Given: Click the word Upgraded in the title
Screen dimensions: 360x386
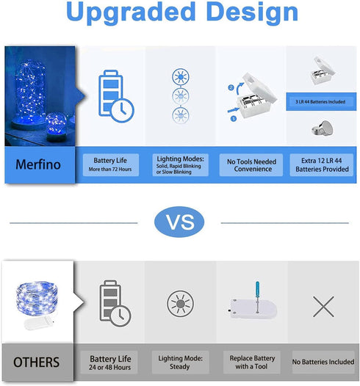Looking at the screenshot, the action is (x=131, y=12).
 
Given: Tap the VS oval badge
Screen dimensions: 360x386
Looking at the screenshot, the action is (x=179, y=222).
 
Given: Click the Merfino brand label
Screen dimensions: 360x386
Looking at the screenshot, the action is (x=38, y=164).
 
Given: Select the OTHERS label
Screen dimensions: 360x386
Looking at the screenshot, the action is (x=37, y=362).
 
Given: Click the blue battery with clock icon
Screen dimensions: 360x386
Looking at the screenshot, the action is (x=116, y=97).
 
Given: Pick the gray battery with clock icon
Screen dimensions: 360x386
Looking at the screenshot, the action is (x=115, y=303).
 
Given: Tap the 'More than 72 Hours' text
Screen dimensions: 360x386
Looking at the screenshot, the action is (x=110, y=170).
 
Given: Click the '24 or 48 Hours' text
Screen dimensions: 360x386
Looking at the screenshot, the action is (x=110, y=368).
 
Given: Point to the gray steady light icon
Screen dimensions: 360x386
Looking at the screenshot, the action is (x=181, y=304).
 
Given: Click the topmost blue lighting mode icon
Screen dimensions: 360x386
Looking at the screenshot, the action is (x=181, y=77).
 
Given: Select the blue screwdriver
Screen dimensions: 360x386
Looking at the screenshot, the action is (x=257, y=297).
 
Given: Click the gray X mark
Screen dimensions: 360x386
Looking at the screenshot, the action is (x=323, y=307).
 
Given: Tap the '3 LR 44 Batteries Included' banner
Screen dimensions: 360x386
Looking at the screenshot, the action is (x=321, y=102).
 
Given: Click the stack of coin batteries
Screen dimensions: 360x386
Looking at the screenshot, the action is (x=323, y=128).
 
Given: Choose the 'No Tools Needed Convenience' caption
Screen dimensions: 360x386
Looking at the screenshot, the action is (x=251, y=165).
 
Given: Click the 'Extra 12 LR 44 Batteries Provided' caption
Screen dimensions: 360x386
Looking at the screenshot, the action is (x=322, y=165).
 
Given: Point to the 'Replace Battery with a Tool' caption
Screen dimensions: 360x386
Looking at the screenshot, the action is (x=252, y=363).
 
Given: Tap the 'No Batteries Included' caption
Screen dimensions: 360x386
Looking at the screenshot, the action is (x=323, y=362).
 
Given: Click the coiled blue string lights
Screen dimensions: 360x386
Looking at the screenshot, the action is (x=37, y=297).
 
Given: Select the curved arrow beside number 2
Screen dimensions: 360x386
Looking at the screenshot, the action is (x=240, y=88).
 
